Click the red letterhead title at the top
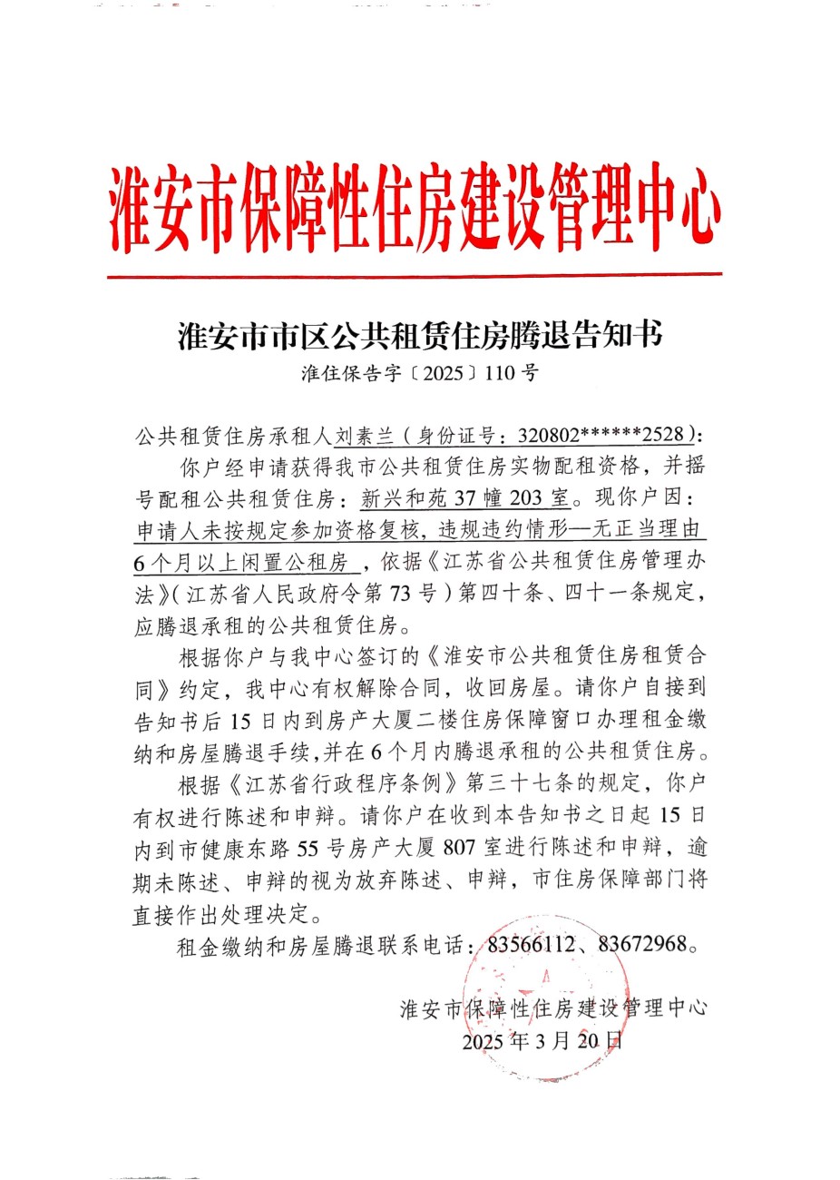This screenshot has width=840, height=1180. [415, 206]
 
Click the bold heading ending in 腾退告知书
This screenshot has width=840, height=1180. [420, 335]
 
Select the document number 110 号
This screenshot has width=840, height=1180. [512, 373]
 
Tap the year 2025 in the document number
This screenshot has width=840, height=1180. [444, 373]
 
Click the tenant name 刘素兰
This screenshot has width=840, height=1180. [364, 436]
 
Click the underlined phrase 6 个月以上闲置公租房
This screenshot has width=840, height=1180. [243, 564]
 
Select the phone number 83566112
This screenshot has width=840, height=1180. [532, 945]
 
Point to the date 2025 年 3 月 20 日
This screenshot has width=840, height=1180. [542, 1041]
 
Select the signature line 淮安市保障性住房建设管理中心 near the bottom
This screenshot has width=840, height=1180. [553, 1008]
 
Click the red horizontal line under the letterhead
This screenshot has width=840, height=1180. [415, 273]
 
